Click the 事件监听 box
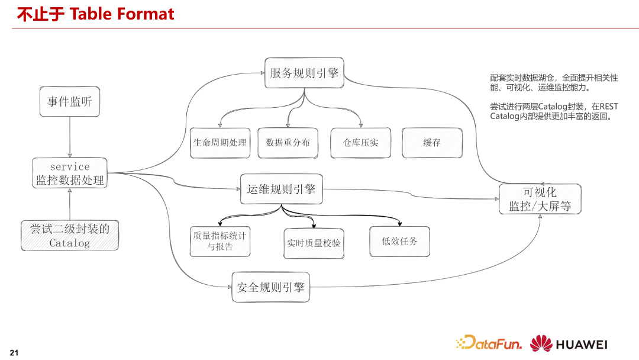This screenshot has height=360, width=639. (70, 102)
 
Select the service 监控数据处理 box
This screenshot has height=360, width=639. (70, 173)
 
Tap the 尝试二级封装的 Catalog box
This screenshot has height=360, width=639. (70, 235)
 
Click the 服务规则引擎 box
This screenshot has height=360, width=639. (304, 73)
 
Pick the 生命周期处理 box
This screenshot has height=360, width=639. (220, 143)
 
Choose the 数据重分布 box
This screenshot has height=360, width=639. (288, 143)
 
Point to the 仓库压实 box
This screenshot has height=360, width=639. (360, 143)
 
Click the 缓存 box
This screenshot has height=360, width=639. (432, 143)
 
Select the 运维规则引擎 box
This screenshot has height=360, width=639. (281, 189)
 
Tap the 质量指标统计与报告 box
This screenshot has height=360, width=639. (220, 241)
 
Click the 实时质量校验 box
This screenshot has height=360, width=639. (314, 243)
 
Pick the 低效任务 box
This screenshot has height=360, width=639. (400, 241)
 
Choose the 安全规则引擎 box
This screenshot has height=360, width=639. (270, 287)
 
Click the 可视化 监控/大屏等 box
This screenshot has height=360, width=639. (540, 199)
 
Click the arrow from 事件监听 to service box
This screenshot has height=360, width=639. (70, 137)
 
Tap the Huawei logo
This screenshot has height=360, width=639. (568, 344)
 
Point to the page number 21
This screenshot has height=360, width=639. (15, 353)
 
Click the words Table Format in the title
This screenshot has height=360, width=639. (122, 14)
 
